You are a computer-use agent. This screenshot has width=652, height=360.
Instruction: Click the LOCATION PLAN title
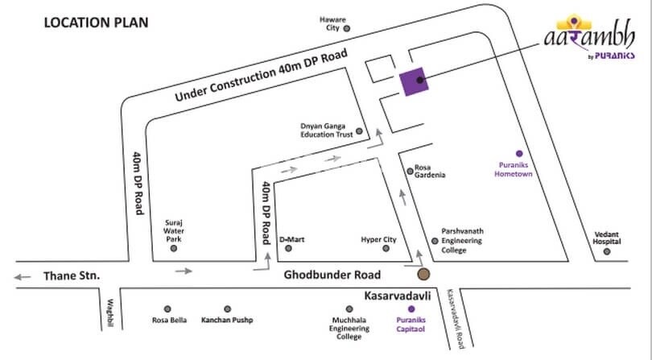point(95,22)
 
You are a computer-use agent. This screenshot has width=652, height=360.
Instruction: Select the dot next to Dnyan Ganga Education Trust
point(359,131)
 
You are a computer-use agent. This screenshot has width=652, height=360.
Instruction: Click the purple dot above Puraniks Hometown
point(519,153)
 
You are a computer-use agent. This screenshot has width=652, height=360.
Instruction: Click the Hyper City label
point(378,240)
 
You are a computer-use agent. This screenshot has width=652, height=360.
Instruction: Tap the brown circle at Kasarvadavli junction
point(423,275)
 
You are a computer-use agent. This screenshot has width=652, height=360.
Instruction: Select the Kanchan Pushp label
point(227,321)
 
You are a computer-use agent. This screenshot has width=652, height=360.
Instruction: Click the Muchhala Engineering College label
point(349,329)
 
